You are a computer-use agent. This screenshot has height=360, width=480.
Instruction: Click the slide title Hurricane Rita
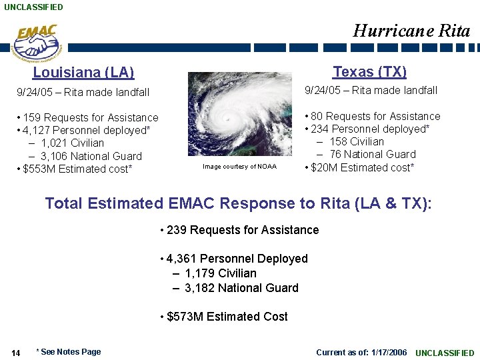411,31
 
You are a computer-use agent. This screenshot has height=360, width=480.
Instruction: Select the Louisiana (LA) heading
83,73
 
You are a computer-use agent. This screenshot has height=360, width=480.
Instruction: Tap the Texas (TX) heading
369,71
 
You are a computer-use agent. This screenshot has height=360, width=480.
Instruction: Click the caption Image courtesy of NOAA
239,167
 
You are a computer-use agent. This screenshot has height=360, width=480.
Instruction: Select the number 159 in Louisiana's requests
32,118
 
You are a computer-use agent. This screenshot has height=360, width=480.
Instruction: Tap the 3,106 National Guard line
91,156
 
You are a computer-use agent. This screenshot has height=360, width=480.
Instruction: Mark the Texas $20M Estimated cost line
359,167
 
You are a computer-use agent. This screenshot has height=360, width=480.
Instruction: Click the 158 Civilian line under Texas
356,141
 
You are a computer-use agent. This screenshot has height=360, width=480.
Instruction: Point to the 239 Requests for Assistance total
239,230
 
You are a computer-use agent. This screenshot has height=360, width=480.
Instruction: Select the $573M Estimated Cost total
224,317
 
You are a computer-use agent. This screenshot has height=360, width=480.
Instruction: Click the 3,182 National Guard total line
241,288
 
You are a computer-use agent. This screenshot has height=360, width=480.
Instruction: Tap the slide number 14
16,353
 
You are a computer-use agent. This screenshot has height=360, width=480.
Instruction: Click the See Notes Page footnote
69,352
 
